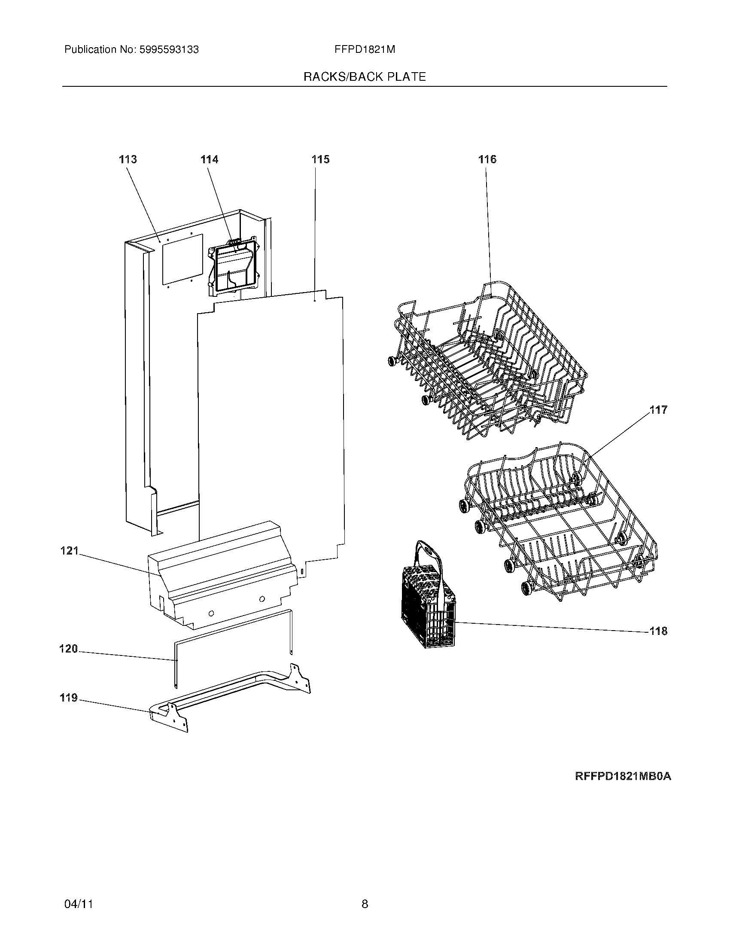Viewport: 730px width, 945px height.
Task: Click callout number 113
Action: click(128, 160)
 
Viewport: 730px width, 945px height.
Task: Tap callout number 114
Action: click(209, 160)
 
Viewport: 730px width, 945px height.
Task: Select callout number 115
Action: click(320, 160)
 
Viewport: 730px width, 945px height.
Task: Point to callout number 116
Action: click(487, 160)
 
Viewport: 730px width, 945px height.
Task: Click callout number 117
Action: click(658, 410)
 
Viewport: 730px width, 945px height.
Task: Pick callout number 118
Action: click(658, 631)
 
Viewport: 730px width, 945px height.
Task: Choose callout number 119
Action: click(68, 698)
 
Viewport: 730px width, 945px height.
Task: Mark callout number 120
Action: click(68, 649)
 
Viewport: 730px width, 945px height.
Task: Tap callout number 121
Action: click(69, 551)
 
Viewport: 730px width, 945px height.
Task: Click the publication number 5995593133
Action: click(169, 50)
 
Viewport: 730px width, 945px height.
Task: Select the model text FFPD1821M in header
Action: click(365, 50)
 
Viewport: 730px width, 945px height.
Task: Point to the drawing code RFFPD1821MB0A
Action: click(623, 776)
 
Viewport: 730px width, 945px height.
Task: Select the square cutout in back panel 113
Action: click(182, 259)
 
